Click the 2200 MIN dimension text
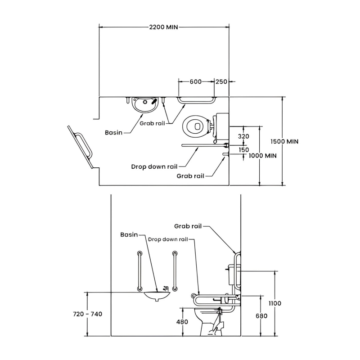click(x=163, y=27)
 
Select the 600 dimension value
click(x=195, y=81)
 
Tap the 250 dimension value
click(x=221, y=81)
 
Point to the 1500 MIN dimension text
click(x=284, y=141)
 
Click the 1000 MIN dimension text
click(x=262, y=155)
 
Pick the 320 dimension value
click(x=243, y=136)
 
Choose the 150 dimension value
click(x=243, y=150)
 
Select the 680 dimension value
click(x=261, y=316)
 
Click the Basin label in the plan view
click(x=114, y=133)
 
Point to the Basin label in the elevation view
click(x=129, y=234)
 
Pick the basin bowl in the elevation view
click(x=157, y=296)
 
